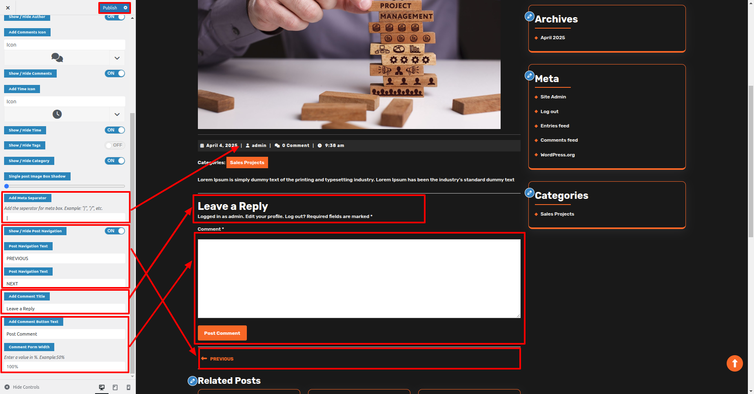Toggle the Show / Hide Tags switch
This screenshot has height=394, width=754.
115,145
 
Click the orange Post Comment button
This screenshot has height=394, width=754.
222,333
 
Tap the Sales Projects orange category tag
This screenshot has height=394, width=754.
247,162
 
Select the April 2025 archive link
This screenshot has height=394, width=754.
553,38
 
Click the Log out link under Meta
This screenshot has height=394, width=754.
550,111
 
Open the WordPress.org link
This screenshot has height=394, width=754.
558,155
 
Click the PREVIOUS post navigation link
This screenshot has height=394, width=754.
222,359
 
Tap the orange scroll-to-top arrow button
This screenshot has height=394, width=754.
735,363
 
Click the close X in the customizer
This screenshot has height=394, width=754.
8,8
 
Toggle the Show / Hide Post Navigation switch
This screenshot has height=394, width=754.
115,231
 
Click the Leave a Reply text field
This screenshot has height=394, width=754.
65,309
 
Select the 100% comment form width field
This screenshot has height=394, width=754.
65,367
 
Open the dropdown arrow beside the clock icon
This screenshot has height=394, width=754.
117,114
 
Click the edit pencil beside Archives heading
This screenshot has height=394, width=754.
530,16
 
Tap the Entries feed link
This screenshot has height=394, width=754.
555,126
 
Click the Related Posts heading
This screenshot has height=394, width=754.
229,381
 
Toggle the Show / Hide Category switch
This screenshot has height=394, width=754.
115,161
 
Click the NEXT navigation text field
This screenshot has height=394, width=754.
65,283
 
